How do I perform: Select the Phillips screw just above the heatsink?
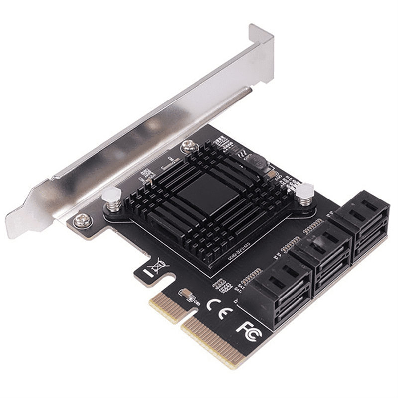pos(188,146)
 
